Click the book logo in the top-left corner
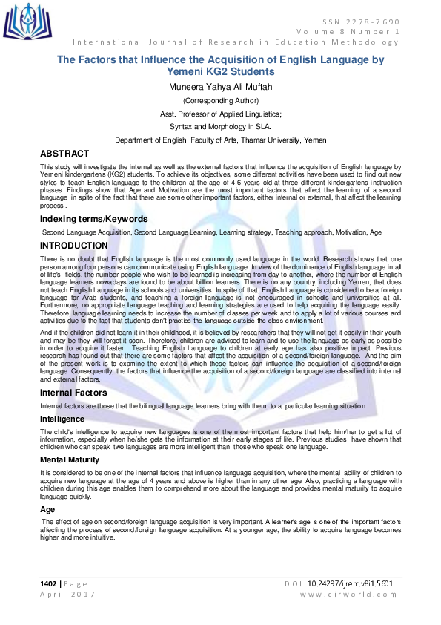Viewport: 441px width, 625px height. point(28,22)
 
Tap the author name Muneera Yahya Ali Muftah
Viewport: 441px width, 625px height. point(221,88)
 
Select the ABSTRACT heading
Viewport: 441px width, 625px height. point(64,153)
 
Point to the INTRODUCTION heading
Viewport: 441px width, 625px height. point(74,246)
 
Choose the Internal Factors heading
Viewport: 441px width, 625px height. point(74,392)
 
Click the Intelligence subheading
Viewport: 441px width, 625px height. point(62,419)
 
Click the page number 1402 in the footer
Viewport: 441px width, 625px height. point(50,583)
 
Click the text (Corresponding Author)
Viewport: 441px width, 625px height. point(221,101)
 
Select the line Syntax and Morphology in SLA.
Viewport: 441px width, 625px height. point(221,127)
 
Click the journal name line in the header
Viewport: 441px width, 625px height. point(236,42)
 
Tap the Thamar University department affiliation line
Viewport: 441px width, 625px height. point(221,140)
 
